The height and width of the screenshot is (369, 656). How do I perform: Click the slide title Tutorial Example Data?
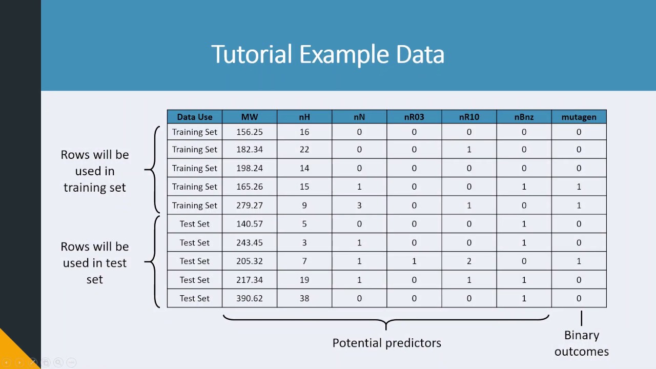327,54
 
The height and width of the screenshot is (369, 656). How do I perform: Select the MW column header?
250,117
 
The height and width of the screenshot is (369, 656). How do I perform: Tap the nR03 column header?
414,117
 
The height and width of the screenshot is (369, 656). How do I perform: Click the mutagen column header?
579,117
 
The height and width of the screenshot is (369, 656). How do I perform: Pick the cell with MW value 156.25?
250,132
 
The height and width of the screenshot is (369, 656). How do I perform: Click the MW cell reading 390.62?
250,298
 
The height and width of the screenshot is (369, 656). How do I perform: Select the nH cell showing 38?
304,298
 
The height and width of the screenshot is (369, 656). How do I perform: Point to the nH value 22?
304,150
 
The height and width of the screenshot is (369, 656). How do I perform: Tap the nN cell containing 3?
359,206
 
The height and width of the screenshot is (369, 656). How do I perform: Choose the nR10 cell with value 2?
469,261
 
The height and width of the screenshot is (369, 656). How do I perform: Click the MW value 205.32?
250,261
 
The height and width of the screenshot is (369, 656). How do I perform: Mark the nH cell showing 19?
304,280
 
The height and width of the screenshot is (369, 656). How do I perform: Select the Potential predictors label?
386,343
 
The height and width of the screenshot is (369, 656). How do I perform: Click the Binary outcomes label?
581,343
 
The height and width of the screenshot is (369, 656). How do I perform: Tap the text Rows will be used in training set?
95,171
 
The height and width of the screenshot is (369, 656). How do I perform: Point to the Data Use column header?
195,117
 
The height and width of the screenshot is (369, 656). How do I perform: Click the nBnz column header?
524,117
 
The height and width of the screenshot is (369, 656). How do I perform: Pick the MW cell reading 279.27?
250,206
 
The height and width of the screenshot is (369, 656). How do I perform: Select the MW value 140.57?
250,224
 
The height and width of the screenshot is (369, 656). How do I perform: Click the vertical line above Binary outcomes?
581,318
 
